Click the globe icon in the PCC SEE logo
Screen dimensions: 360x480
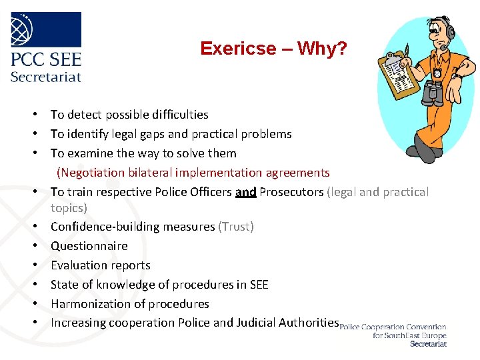click(25, 29)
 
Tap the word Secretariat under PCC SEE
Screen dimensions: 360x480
click(45, 76)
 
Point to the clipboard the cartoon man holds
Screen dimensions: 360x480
click(399, 73)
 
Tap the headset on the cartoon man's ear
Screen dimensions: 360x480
click(451, 32)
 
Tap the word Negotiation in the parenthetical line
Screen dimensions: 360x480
click(89, 173)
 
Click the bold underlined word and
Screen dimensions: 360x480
click(245, 192)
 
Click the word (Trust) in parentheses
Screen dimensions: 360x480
click(236, 227)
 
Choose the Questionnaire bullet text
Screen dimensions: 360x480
click(89, 246)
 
